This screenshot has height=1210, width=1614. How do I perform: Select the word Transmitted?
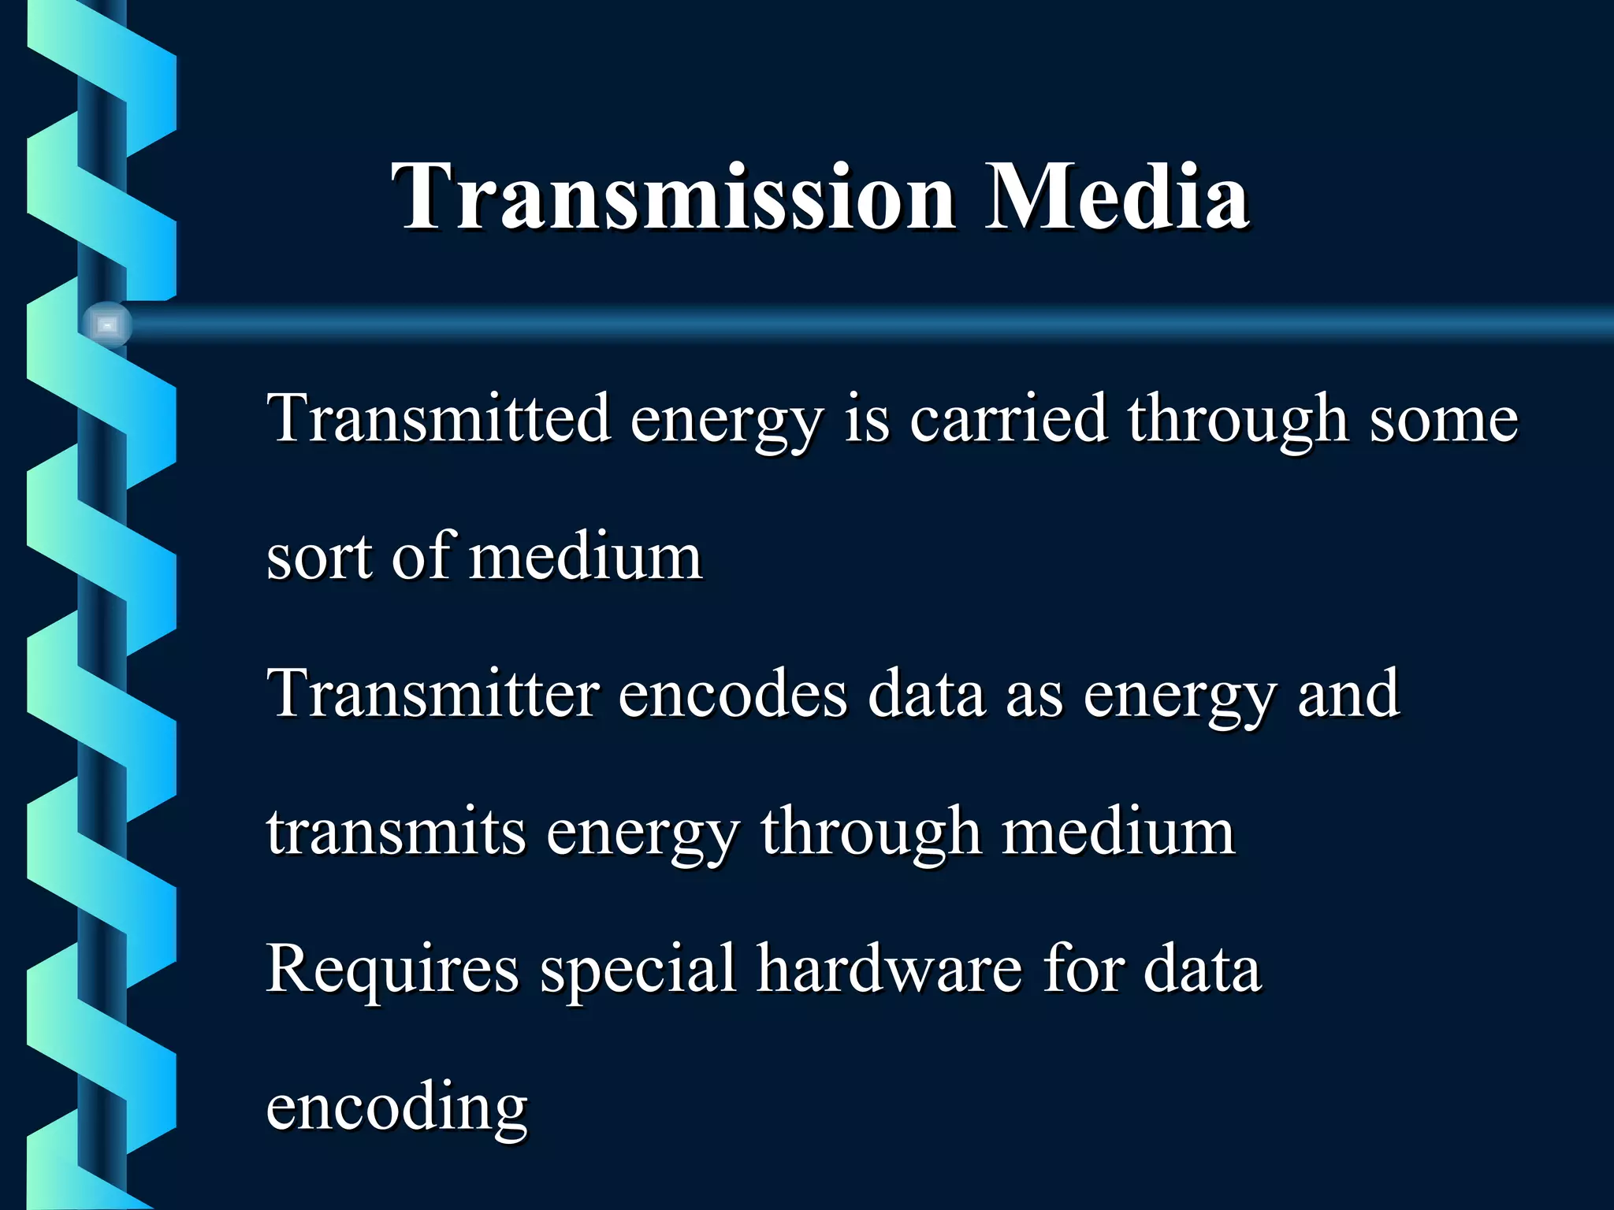438,418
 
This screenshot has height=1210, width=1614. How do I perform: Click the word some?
1443,420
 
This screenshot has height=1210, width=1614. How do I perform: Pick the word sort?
319,557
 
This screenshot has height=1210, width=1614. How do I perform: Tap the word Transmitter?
433,693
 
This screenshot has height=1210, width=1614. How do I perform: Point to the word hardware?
890,969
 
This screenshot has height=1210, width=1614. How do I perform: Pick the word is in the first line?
867,418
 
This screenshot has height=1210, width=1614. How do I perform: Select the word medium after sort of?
586,557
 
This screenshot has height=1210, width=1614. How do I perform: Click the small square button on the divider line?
107,325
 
